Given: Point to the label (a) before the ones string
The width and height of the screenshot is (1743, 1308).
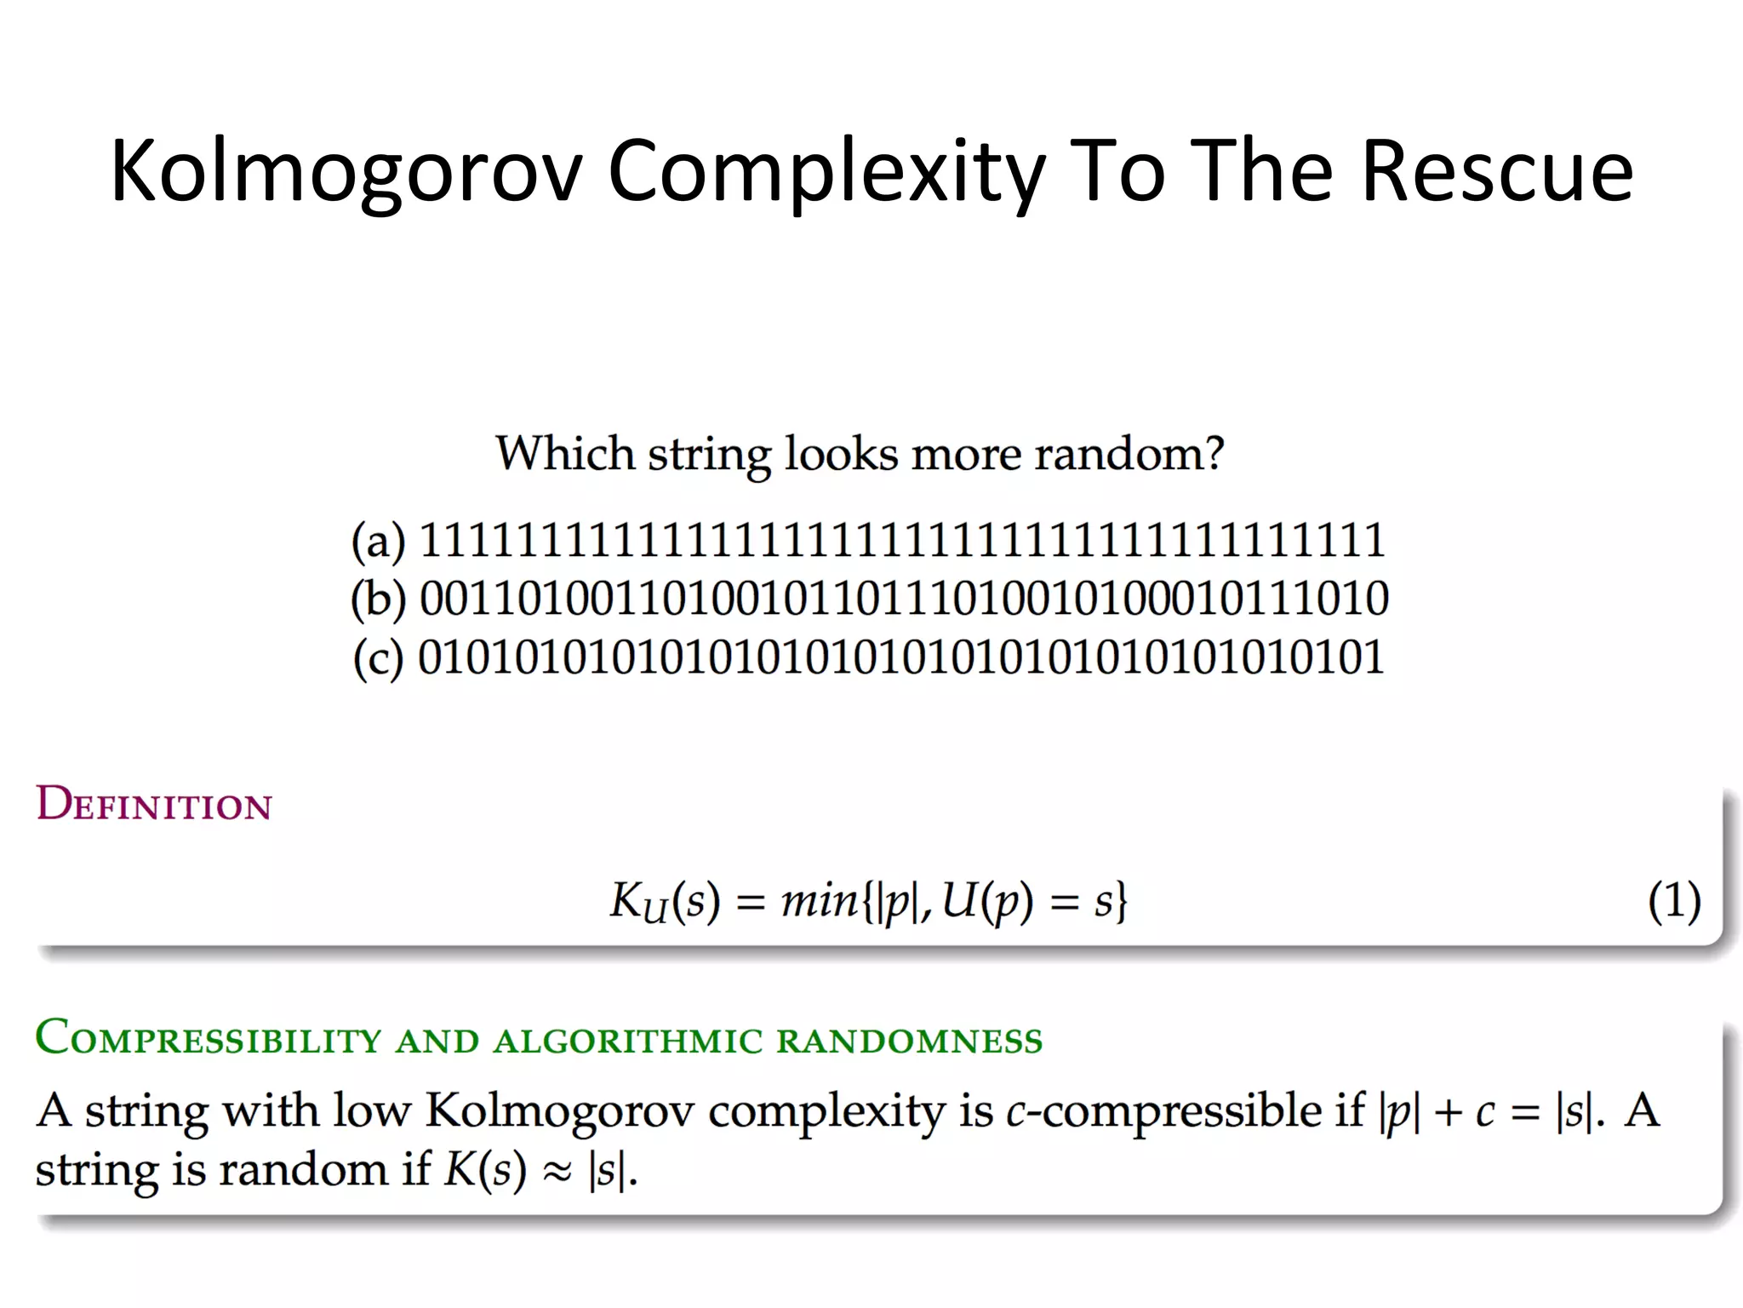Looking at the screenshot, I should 379,542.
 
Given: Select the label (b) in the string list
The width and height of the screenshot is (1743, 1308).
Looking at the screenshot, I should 379,599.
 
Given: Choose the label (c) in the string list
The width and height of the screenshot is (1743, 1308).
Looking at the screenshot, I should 379,658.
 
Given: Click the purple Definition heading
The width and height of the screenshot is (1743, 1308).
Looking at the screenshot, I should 154,804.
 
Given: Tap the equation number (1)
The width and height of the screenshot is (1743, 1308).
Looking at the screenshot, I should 1674,901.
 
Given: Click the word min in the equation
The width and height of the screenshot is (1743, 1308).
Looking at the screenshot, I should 820,900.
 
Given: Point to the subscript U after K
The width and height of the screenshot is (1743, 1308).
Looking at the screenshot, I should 654,911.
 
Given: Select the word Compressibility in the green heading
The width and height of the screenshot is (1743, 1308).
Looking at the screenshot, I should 208,1040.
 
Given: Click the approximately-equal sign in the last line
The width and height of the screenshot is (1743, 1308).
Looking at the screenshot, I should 557,1171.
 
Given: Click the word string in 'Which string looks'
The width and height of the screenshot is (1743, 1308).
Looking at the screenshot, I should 708,454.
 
